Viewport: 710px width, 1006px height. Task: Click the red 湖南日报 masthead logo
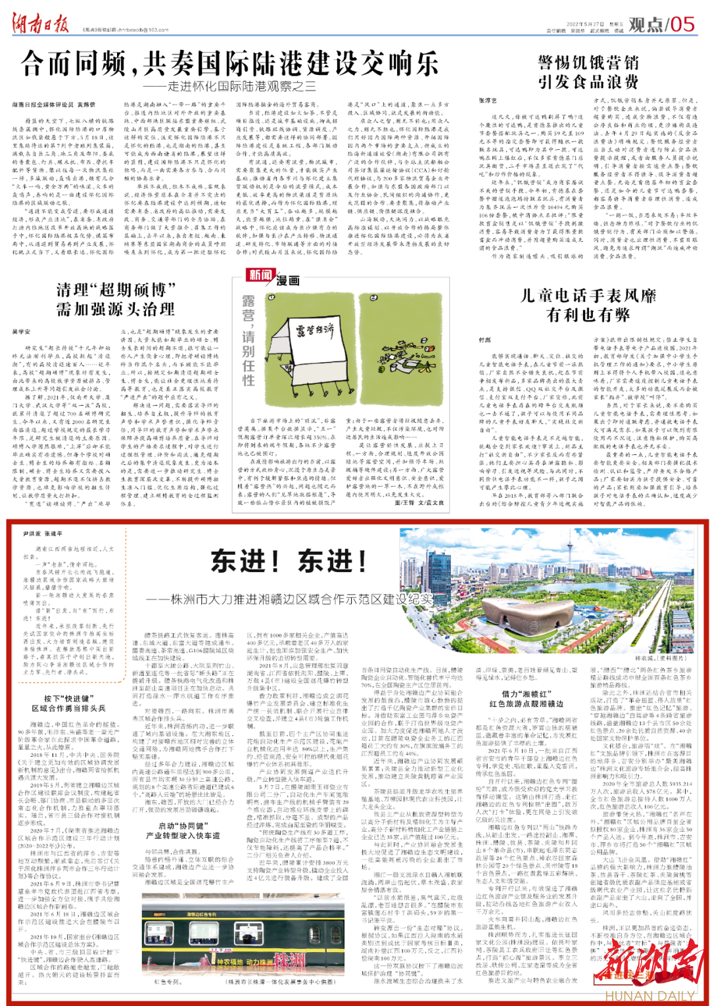(41, 24)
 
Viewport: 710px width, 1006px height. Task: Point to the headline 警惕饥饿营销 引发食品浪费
(588, 72)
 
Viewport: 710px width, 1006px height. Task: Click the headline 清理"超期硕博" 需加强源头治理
(116, 299)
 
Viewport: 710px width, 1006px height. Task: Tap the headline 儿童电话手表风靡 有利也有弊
(588, 305)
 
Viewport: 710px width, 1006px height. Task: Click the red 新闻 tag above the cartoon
(260, 275)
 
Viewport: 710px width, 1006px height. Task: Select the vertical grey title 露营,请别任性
(248, 340)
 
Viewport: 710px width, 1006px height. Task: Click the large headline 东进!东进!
(289, 561)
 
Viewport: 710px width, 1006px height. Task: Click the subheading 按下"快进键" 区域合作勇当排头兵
(69, 703)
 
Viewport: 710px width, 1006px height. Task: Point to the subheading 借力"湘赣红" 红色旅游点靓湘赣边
(527, 698)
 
